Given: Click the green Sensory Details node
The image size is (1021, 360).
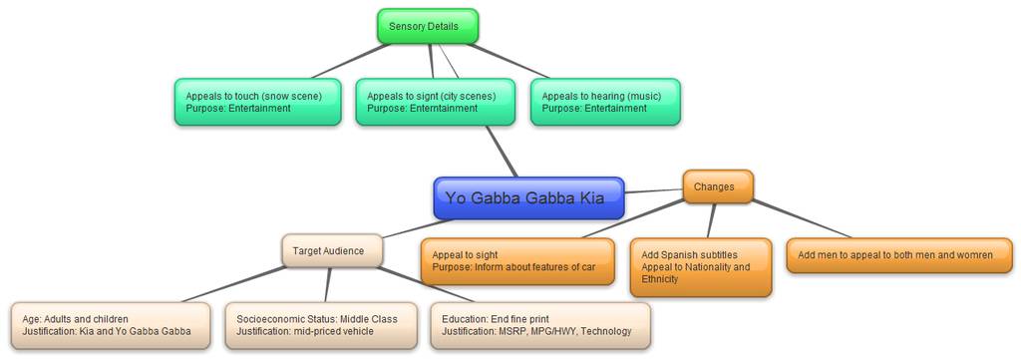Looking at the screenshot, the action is (428, 26).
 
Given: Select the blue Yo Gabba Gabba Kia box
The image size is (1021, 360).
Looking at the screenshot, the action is (528, 197).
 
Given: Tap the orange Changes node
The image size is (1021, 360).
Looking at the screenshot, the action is (718, 186).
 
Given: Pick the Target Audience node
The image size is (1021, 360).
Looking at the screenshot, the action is (332, 250).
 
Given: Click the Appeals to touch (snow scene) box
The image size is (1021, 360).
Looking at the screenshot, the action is (258, 102).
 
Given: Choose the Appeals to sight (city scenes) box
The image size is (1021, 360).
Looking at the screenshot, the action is (435, 102).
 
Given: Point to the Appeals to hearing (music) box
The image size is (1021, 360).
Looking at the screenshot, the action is (605, 102).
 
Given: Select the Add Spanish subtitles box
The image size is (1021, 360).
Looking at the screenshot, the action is (701, 267).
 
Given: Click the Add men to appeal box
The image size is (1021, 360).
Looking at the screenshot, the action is (899, 255).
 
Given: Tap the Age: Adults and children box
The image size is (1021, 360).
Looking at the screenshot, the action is (111, 325).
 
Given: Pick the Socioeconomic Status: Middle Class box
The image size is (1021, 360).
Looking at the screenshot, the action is (321, 325).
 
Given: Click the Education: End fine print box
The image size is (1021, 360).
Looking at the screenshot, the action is (540, 325).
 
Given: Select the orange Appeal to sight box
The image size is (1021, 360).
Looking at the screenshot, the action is (517, 261).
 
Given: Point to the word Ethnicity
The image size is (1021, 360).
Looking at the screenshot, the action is (660, 279).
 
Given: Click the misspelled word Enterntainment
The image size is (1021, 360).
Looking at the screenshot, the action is (444, 108).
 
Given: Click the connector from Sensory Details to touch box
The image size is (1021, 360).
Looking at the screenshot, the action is (351, 61).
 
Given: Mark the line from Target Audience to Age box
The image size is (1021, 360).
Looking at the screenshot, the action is (233, 284).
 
